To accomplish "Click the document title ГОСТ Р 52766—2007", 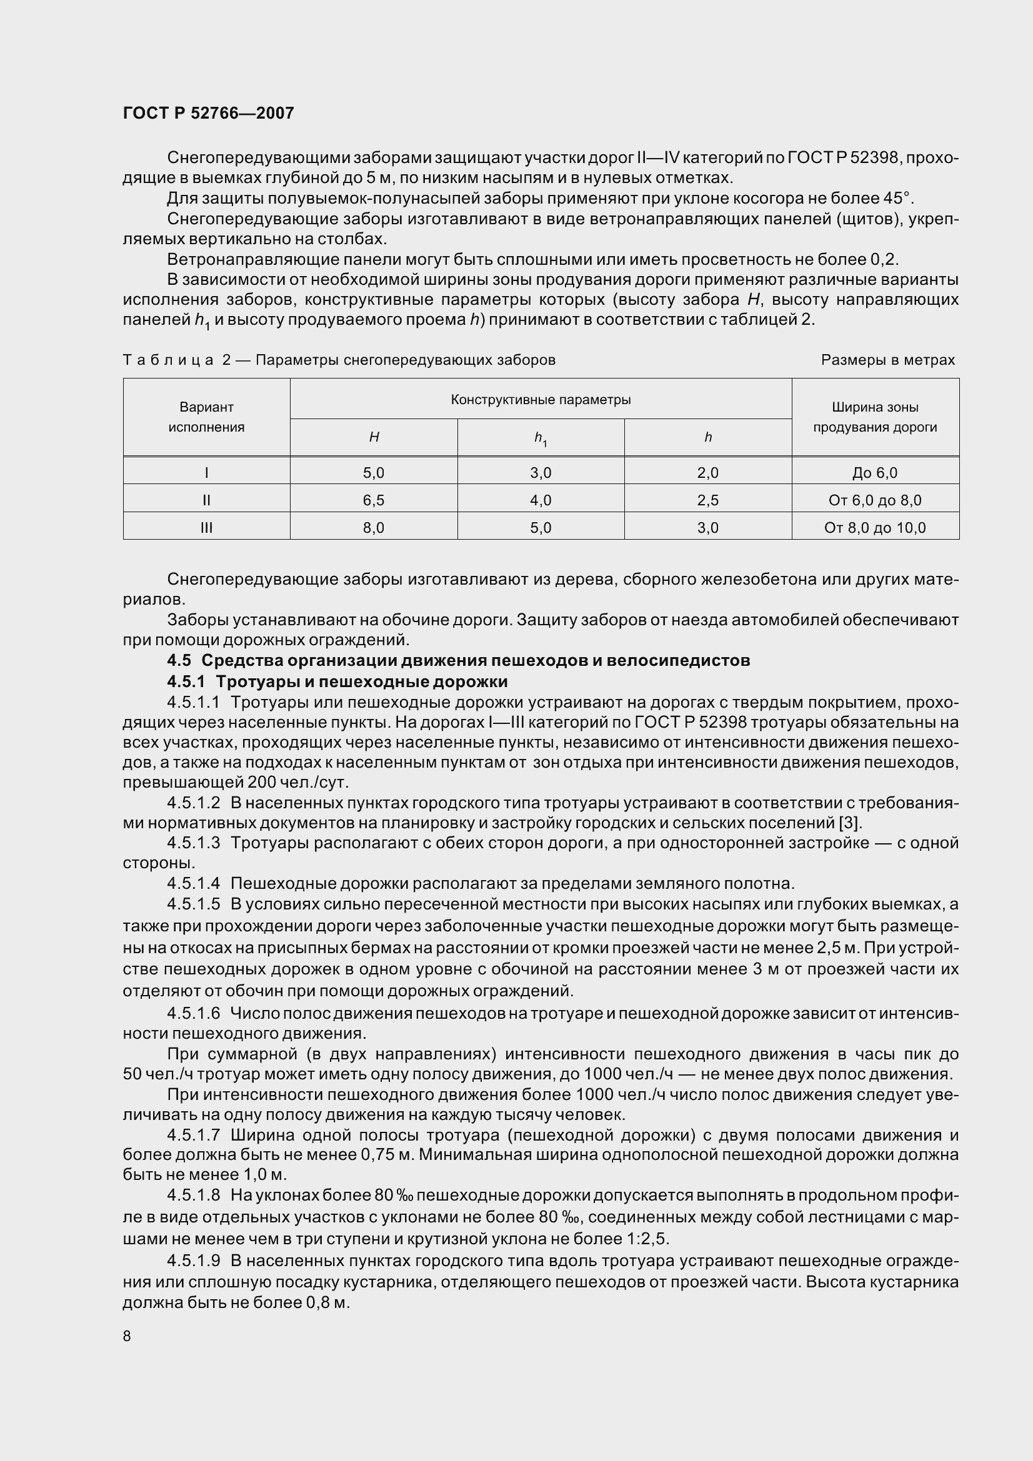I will coord(208,113).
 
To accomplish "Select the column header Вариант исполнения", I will coord(206,417).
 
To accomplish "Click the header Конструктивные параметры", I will coord(541,400).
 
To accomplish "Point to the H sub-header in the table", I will coord(374,437).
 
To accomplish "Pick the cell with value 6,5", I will coord(374,500).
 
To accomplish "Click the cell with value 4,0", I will coord(541,500).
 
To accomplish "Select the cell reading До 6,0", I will coord(874,473).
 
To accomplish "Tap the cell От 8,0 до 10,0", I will coord(874,528).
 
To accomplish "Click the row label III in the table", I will coord(206,528).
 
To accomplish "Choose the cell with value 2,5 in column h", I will coord(708,500).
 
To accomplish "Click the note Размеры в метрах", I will coord(887,360).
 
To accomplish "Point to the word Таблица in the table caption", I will coord(168,360).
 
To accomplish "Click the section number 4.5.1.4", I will coord(194,884).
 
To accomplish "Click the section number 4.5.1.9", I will coord(194,1260).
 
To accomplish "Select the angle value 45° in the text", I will coord(898,198).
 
